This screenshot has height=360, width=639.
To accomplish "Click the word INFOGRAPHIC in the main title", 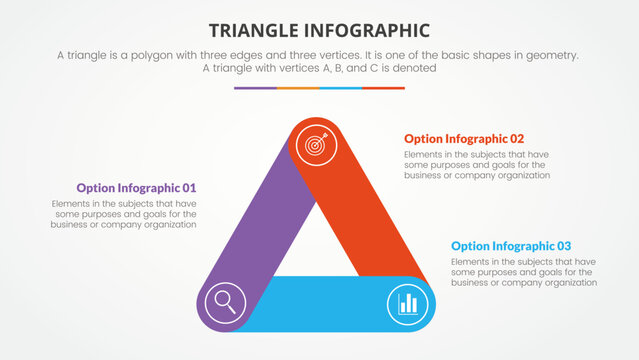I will click(370, 30).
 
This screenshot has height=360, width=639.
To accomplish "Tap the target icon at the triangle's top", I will click(315, 145).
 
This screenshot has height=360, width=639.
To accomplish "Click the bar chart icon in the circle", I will click(407, 303).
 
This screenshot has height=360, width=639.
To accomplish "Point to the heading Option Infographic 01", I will click(136, 188).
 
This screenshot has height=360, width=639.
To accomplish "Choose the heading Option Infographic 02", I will click(464, 139).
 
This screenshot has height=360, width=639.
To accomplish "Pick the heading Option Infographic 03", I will click(511, 246).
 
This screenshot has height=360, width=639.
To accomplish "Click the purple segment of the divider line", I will click(255, 88).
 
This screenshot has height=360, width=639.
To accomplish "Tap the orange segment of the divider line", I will click(298, 88).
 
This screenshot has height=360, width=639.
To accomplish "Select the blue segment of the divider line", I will click(340, 88).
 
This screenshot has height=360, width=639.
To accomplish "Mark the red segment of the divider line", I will click(383, 88).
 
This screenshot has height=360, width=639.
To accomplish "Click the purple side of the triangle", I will click(265, 230).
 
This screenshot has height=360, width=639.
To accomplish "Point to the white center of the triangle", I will click(318, 245).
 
